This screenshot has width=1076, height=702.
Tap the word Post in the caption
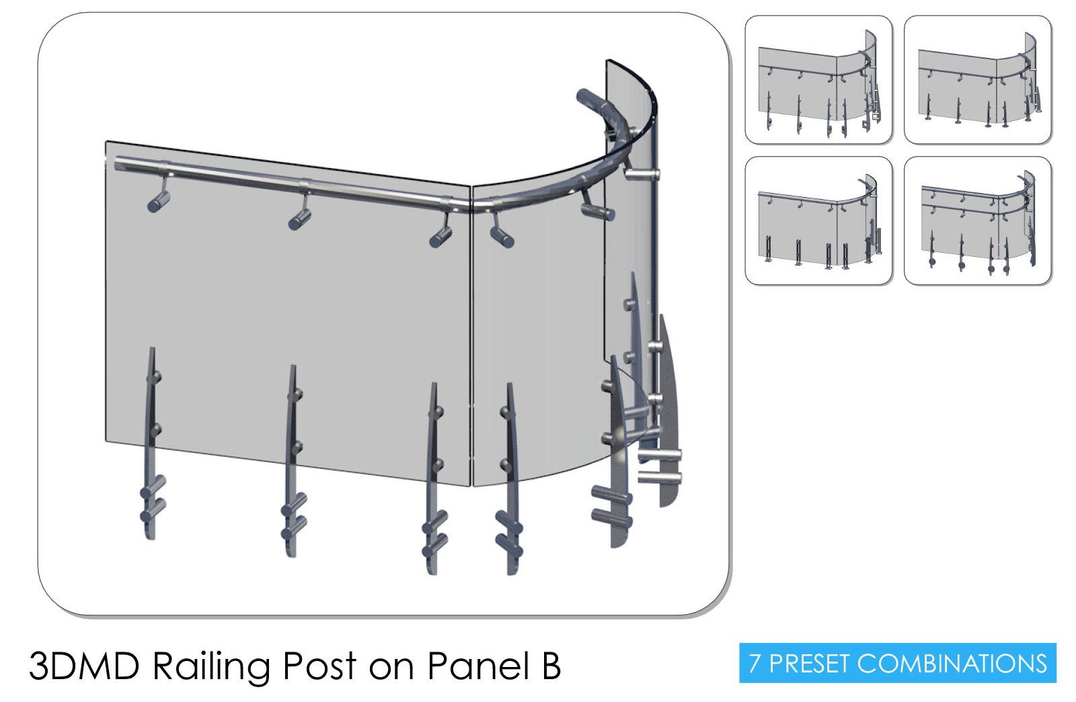(319, 666)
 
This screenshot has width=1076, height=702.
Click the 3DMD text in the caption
(85, 666)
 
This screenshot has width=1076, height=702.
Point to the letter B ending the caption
(551, 666)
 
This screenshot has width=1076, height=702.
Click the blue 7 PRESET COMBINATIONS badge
(897, 662)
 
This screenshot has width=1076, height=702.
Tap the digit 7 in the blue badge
(755, 663)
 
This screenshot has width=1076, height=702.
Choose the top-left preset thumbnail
(818, 80)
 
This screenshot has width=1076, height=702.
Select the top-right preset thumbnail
(978, 80)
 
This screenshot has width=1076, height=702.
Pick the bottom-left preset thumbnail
(818, 221)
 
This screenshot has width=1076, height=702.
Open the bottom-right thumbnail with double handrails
(978, 221)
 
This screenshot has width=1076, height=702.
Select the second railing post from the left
(293, 461)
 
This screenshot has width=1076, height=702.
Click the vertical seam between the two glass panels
(471, 336)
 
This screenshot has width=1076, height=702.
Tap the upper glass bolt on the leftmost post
(155, 377)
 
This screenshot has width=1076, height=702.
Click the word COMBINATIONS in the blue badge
(952, 663)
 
